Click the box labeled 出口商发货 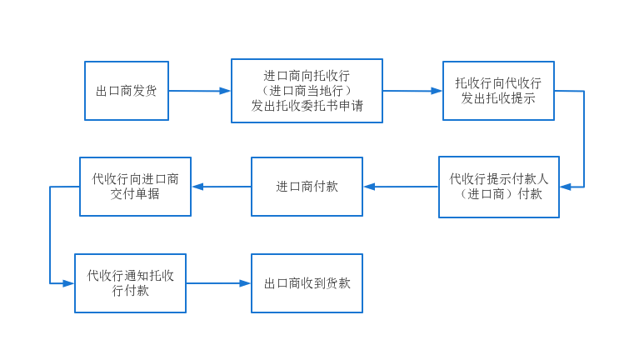[127, 91]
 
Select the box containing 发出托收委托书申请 [307, 91]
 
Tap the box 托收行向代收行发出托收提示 [498, 91]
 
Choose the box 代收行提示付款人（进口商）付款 [498, 187]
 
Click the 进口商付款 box [307, 187]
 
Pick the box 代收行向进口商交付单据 [135, 187]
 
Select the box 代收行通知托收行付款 [130, 283]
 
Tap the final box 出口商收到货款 [307, 283]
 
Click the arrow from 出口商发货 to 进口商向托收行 [200, 91]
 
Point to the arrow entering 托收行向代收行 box [412, 91]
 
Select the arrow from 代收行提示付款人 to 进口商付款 [401, 187]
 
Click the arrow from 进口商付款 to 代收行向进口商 [222, 187]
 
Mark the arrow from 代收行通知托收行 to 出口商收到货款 [218, 283]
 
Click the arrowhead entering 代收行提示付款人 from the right [566, 187]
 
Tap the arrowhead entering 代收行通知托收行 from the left [68, 283]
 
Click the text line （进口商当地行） [307, 91]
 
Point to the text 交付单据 [135, 194]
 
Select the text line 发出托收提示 [498, 98]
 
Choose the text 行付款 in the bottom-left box [130, 291]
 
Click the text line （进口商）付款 [498, 194]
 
